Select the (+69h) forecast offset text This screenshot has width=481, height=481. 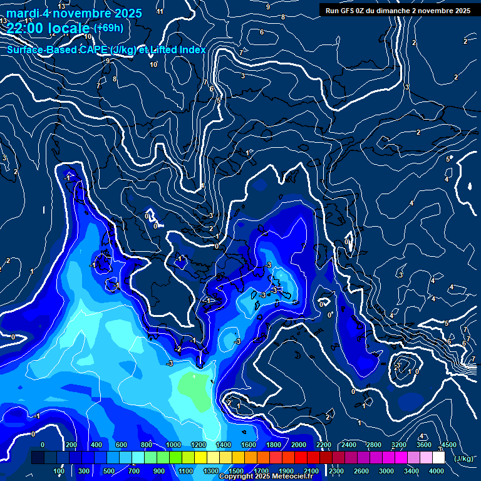pyautogui.click(x=108, y=28)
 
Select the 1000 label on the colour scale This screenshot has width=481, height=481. pyautogui.click(x=173, y=445)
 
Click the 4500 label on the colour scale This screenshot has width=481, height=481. pyautogui.click(x=449, y=445)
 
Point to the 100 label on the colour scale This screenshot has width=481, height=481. pyautogui.click(x=59, y=471)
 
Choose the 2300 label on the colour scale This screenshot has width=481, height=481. pyautogui.click(x=336, y=471)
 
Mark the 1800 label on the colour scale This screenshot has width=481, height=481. pyautogui.click(x=274, y=445)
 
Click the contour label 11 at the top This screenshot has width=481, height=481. pyautogui.click(x=160, y=11)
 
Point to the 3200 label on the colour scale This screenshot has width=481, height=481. pyautogui.click(x=399, y=445)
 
